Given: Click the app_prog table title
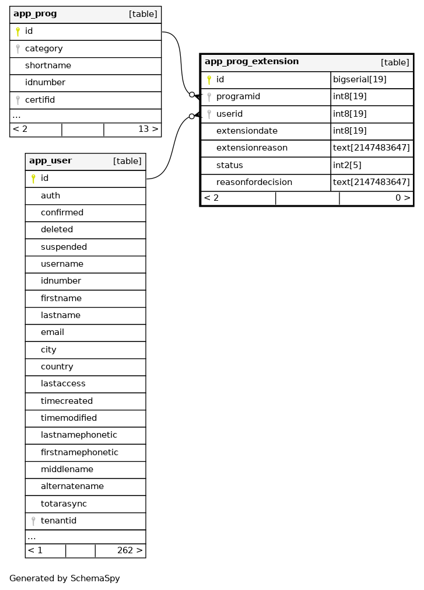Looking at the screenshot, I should (35, 14).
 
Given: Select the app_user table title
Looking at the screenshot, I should (50, 161).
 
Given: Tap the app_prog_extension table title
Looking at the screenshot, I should (251, 62).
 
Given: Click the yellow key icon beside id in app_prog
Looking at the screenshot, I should (18, 32).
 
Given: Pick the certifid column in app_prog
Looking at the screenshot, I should (40, 100).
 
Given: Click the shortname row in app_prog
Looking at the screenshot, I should (48, 66).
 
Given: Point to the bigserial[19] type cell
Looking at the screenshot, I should (359, 79).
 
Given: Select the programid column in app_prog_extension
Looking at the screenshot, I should (238, 96).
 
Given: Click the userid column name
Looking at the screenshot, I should (229, 114).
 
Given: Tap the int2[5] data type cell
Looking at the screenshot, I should (347, 165).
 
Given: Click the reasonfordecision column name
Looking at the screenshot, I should (254, 182).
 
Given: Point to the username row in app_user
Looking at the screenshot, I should (62, 264).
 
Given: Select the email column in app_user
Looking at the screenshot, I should (52, 332).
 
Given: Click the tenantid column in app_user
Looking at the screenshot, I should (58, 521).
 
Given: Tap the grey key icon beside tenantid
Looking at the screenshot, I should (33, 521).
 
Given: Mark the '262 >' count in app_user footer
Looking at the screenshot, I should (129, 550).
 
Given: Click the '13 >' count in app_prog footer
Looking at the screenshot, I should (148, 129).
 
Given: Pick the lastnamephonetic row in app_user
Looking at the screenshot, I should (79, 435).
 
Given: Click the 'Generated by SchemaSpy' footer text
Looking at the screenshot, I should (64, 578).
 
